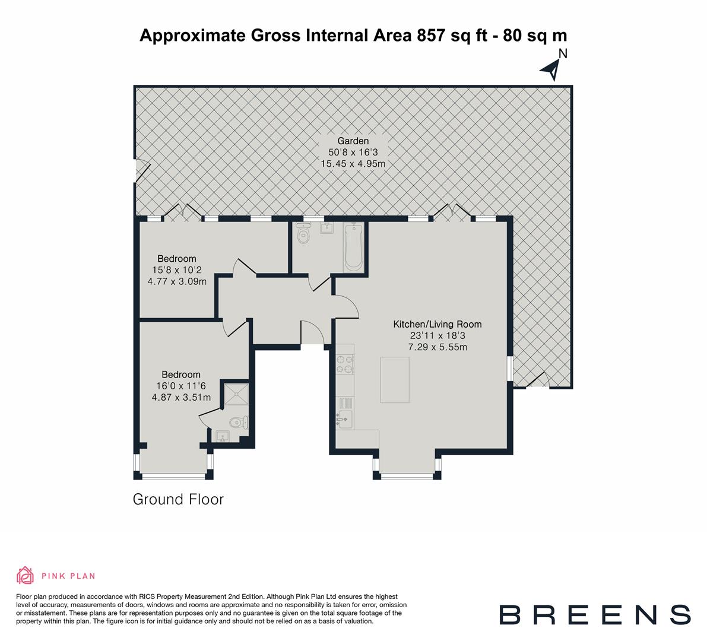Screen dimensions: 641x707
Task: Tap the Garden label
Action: (x=353, y=141)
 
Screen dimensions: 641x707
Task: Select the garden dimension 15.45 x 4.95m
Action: (x=353, y=163)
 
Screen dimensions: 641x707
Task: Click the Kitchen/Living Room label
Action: (x=437, y=325)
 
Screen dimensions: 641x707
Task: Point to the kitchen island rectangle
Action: (x=395, y=380)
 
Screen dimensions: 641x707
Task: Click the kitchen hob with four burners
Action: (x=345, y=364)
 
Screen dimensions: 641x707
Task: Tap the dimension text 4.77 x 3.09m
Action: (x=177, y=281)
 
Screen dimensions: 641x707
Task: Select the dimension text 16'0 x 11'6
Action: (x=181, y=386)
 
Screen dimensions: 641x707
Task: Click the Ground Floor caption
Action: (x=178, y=499)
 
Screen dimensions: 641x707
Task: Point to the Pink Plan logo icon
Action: (x=26, y=575)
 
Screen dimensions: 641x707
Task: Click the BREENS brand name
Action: (x=594, y=615)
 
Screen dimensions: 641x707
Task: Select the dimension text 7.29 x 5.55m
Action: (x=437, y=347)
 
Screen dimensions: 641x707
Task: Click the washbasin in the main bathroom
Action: (x=325, y=229)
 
